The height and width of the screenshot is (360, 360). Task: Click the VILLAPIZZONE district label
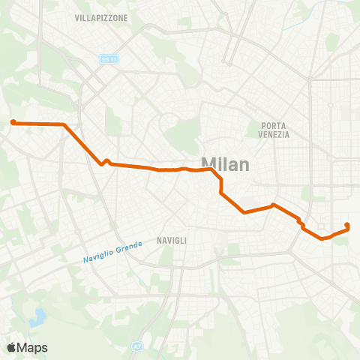pyautogui.click(x=101, y=17)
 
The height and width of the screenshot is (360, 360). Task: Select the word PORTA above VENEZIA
pyautogui.click(x=276, y=125)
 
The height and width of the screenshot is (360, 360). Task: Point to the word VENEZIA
pyautogui.click(x=276, y=135)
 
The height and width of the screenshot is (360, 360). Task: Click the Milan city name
pyautogui.click(x=225, y=164)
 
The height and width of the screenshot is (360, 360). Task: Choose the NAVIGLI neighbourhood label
pyautogui.click(x=172, y=240)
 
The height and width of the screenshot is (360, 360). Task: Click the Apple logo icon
pyautogui.click(x=12, y=347)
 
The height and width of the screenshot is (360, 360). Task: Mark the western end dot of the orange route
pyautogui.click(x=13, y=121)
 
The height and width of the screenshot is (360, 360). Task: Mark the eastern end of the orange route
pyautogui.click(x=347, y=225)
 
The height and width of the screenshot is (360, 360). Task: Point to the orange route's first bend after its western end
pyautogui.click(x=64, y=124)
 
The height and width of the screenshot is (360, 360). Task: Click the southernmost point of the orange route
pyautogui.click(x=322, y=239)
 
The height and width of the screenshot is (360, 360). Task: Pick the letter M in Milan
pyautogui.click(x=209, y=164)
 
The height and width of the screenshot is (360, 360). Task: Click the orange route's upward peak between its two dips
pyautogui.click(x=274, y=205)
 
